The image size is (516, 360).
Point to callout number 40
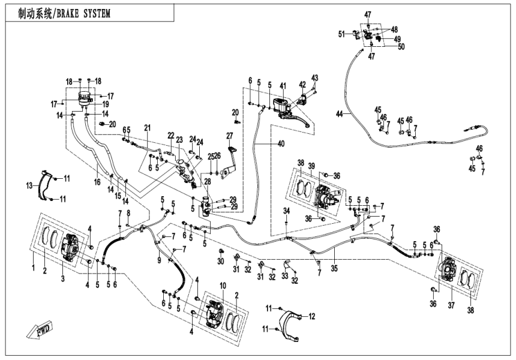tap(282, 143)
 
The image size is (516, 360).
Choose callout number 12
tap(312, 316)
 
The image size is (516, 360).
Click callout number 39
tap(312, 166)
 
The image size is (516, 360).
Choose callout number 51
tap(341, 34)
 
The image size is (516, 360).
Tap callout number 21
tap(146, 127)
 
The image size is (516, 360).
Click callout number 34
tap(287, 211)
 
